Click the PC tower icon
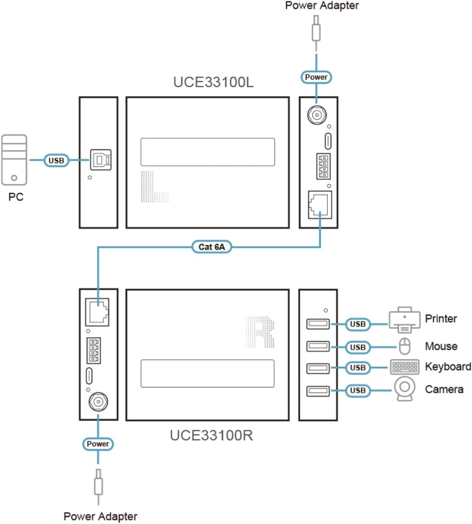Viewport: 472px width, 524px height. (14, 160)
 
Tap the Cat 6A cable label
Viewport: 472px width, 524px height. (212, 247)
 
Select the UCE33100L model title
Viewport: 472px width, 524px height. (213, 82)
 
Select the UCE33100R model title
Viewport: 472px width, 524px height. (211, 435)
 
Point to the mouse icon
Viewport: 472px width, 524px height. (405, 346)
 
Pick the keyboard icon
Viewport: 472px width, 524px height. (405, 367)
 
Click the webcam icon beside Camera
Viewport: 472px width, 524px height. (405, 389)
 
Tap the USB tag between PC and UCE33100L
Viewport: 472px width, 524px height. (56, 161)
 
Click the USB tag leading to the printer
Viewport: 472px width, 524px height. (358, 324)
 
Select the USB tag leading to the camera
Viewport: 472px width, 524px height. (358, 390)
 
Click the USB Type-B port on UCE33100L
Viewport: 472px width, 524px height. (101, 160)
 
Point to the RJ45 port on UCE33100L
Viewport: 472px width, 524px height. (319, 204)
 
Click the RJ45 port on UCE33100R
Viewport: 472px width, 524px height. (97, 311)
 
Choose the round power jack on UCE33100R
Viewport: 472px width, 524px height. (98, 401)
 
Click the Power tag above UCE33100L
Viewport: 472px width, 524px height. (316, 77)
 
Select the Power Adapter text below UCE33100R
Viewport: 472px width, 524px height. (100, 517)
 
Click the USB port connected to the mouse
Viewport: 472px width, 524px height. (318, 346)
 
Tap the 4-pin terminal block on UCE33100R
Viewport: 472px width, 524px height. (93, 350)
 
